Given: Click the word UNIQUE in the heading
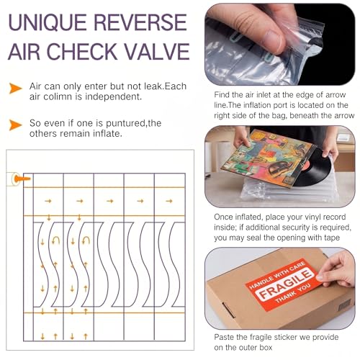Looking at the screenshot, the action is pos(48,22).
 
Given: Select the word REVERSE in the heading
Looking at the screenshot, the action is pos(140,22).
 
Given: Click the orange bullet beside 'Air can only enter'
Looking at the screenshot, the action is pos(15,88).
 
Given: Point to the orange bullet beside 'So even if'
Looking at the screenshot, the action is pos(15,125).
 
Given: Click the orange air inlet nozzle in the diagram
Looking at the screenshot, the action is pos(22,179).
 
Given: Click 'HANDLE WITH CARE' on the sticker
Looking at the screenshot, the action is pos(277,274).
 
